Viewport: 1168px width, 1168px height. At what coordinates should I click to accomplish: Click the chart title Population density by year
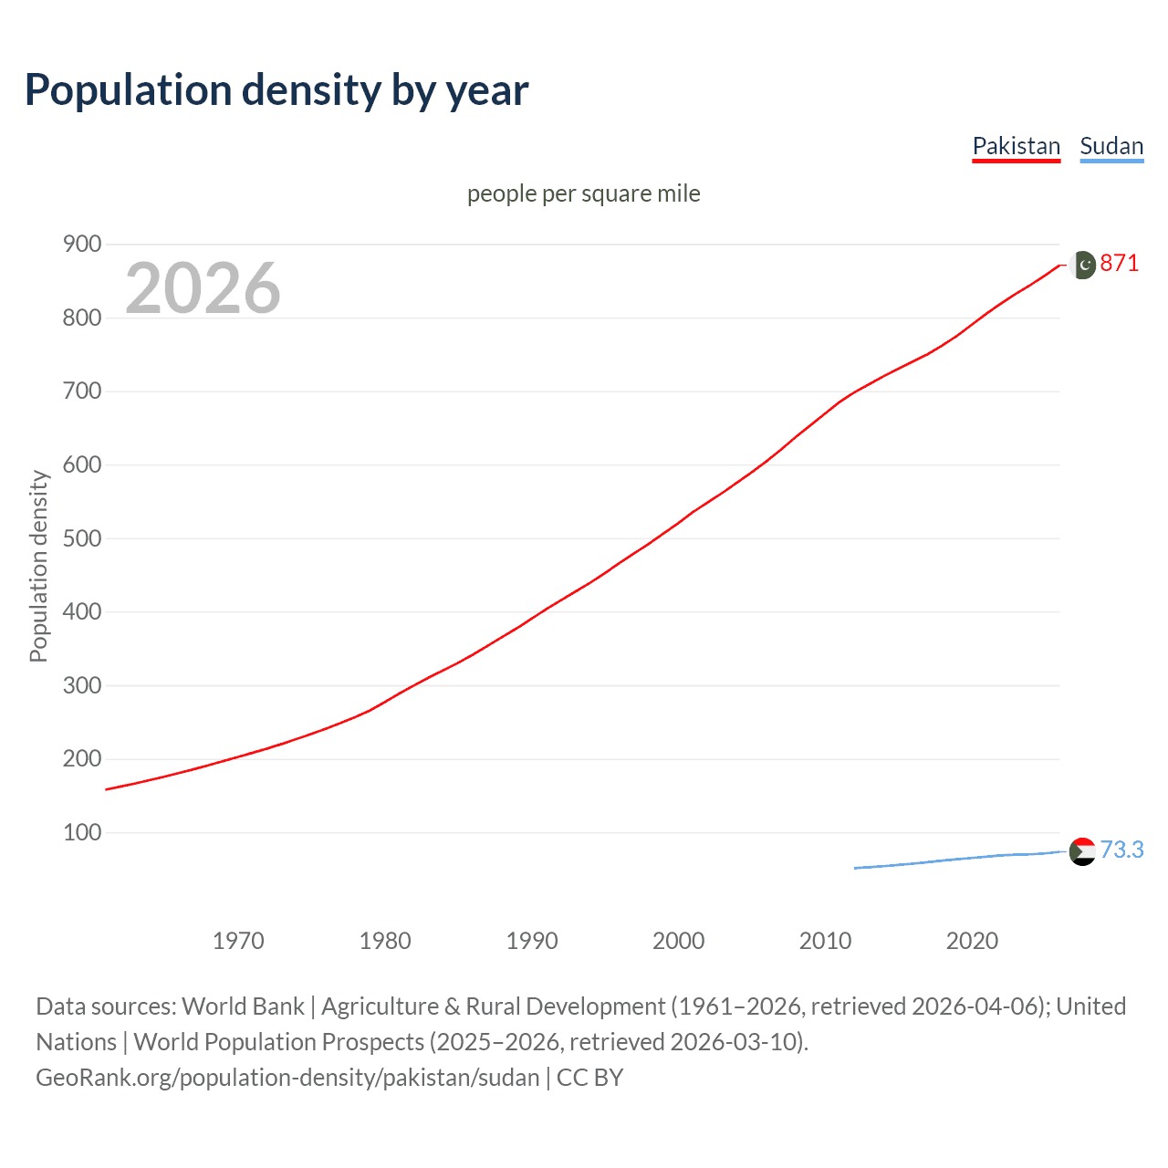coord(276,90)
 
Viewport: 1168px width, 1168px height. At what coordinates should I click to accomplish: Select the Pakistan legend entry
coord(1016,146)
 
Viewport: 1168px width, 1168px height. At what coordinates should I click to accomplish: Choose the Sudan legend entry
coord(1111,146)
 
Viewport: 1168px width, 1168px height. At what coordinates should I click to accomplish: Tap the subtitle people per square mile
coord(583,193)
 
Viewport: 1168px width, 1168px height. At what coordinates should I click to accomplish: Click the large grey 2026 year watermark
coord(203,288)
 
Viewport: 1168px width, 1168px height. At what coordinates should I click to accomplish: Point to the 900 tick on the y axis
coord(82,244)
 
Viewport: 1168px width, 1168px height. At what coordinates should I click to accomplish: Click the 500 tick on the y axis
coord(82,538)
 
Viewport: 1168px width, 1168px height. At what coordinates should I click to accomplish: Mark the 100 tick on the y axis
coord(82,832)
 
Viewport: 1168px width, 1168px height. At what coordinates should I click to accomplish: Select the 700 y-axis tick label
coord(82,391)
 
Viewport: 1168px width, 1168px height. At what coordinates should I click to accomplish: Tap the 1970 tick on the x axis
coord(238,941)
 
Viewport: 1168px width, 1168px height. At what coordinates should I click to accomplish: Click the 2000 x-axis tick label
coord(678,941)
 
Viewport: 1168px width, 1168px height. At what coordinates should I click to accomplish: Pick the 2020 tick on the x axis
coord(972,941)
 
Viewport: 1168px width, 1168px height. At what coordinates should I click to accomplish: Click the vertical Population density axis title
coord(38,566)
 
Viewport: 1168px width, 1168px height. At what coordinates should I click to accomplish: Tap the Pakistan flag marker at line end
coord(1082,265)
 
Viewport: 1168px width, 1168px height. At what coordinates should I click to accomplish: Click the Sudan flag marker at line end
coord(1082,851)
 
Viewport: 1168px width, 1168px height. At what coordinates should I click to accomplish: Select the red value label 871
coord(1120,264)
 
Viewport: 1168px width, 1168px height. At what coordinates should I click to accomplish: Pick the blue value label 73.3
coord(1121,850)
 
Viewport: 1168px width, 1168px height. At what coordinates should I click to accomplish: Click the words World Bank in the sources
coord(243,1006)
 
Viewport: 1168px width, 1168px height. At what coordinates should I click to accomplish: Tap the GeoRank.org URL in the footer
coord(287,1078)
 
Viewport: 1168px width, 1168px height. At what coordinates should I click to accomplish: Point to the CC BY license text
coord(590,1078)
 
